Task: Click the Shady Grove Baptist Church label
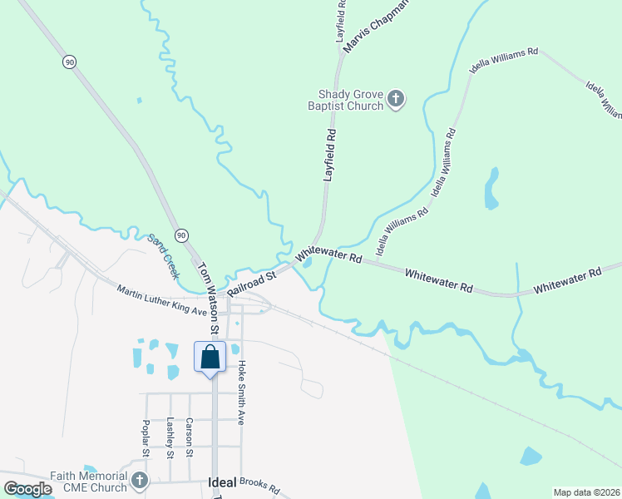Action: (350, 101)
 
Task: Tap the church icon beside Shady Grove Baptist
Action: (396, 101)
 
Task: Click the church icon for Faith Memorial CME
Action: (139, 481)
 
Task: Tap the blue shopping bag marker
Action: (210, 358)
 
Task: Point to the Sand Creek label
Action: (164, 254)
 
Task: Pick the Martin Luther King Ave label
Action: (161, 300)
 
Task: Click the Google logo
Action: (27, 489)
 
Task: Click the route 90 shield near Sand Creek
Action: (181, 235)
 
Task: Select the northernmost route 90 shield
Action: (69, 62)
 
